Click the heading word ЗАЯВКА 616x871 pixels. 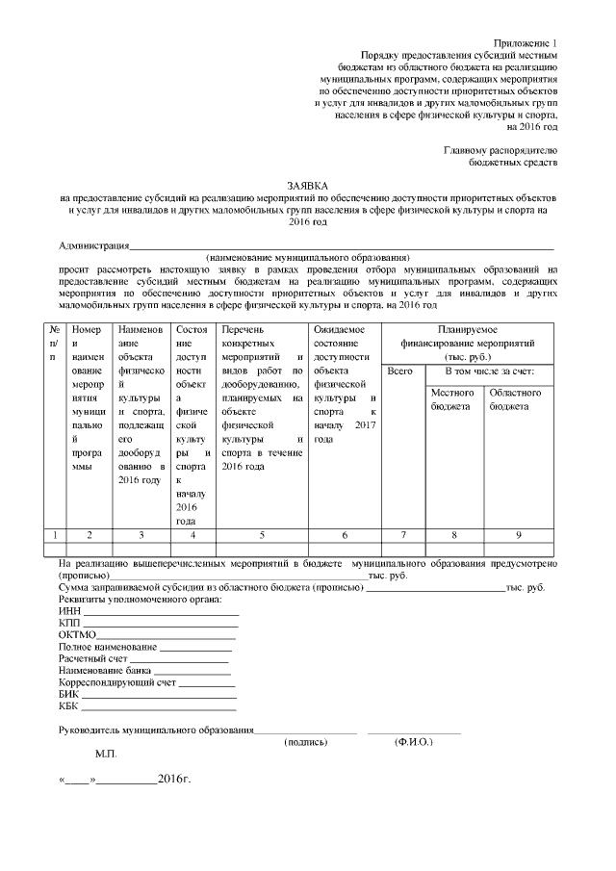pyautogui.click(x=307, y=183)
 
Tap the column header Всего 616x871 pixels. pyautogui.click(x=398, y=371)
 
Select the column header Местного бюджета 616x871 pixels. pyautogui.click(x=452, y=399)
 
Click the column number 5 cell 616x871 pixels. pyautogui.click(x=262, y=534)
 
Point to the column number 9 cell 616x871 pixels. pyautogui.click(x=518, y=534)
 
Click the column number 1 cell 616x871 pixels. pyautogui.click(x=56, y=534)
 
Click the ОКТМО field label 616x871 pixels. pyautogui.click(x=77, y=635)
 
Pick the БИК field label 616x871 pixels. pyautogui.click(x=69, y=692)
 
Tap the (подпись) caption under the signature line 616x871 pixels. pyautogui.click(x=306, y=743)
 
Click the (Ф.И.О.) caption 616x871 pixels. pyautogui.click(x=414, y=743)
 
